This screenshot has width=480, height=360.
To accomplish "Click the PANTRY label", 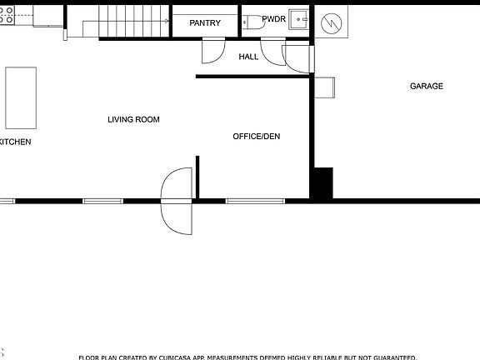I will tap(205, 23).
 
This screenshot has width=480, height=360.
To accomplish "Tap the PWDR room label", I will tap(273, 18).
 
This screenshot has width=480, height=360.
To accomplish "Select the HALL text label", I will tap(248, 57).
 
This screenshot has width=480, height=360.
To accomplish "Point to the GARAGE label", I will tap(426, 86).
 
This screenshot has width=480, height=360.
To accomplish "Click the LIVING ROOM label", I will tap(133, 120).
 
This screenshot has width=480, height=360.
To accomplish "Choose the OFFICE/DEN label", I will tap(256, 136).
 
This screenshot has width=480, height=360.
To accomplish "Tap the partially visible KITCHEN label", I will tap(15, 142).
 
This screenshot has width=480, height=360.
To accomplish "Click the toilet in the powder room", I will tap(254, 23).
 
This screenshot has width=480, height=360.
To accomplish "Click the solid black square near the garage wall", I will tap(322, 183).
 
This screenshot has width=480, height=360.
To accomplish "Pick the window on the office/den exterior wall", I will tap(256, 201).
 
